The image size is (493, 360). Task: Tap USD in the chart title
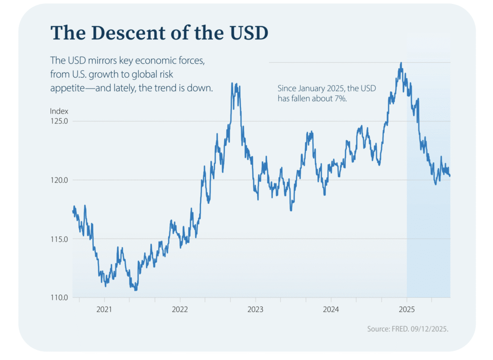point(244,32)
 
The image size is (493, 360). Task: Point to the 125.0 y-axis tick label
point(59,121)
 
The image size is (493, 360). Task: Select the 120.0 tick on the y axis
point(59,180)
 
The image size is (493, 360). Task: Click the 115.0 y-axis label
point(59,239)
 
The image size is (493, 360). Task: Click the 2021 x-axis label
point(104,308)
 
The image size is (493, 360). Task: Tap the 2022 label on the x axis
point(180,308)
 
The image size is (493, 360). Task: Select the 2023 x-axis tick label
point(255,308)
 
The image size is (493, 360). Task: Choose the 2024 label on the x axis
point(331,308)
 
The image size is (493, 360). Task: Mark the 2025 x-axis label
point(406,308)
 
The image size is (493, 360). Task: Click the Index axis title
point(59,111)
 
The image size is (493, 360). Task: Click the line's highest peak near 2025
point(401,63)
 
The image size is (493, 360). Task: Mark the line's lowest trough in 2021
point(136,290)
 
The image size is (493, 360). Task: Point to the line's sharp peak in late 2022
point(232,83)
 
